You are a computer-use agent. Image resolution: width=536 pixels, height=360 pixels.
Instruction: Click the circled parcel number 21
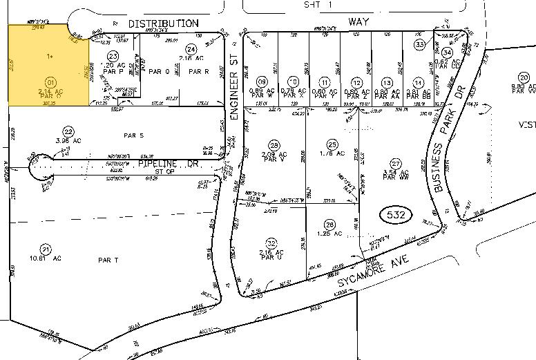click(46, 249)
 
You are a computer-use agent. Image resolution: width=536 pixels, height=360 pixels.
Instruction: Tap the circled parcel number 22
click(68, 131)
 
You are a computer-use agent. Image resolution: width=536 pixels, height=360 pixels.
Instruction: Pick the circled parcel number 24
click(191, 48)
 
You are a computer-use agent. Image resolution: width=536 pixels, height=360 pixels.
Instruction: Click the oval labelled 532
click(396, 216)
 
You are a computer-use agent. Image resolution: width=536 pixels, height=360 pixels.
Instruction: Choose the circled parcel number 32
click(271, 243)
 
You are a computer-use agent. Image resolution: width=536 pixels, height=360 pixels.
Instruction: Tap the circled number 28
click(274, 145)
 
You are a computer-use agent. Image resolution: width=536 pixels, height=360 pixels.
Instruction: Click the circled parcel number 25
click(332, 144)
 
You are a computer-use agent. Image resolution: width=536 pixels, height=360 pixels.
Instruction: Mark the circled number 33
click(419, 44)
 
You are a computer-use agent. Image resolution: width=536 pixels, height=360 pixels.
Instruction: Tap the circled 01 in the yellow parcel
click(50, 82)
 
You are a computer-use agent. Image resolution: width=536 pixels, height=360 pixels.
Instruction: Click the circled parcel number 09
click(261, 82)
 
